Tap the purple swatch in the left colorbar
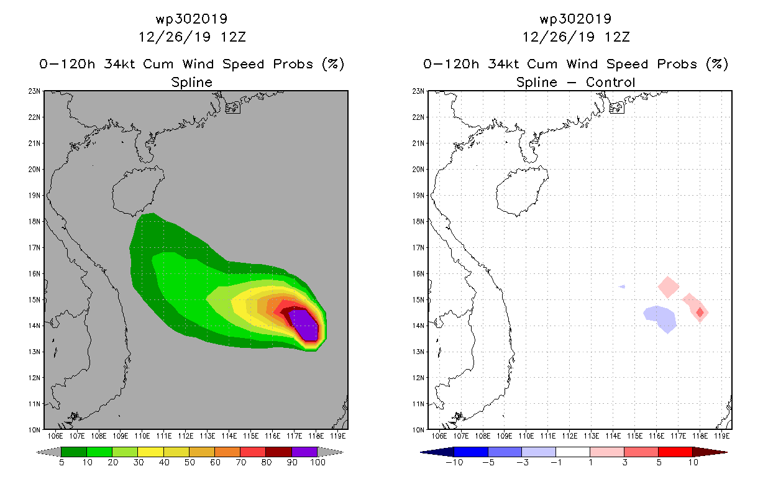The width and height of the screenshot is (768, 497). click(x=304, y=452)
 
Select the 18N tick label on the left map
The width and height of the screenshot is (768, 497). click(x=34, y=221)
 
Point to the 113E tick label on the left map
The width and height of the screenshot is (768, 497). click(x=208, y=436)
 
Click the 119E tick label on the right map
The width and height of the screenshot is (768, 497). click(x=722, y=436)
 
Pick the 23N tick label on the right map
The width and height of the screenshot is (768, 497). click(x=418, y=91)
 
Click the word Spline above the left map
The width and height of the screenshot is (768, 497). click(x=191, y=83)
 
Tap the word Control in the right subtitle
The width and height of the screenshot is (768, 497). click(x=610, y=83)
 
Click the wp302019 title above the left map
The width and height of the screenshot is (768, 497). click(x=191, y=19)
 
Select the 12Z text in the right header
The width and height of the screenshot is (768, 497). click(x=617, y=37)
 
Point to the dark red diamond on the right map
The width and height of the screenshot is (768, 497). click(x=700, y=312)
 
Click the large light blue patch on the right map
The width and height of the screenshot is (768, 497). click(x=661, y=318)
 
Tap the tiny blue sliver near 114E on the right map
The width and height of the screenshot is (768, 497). click(x=621, y=286)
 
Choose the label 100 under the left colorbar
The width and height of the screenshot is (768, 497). click(x=318, y=462)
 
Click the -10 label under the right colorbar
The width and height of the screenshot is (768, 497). click(x=454, y=462)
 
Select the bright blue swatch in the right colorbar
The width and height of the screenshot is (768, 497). click(x=471, y=452)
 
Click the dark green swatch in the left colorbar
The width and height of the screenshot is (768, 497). click(x=74, y=452)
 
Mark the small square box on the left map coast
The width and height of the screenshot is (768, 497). click(x=233, y=107)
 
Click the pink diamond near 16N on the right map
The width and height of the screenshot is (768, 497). click(x=668, y=287)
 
